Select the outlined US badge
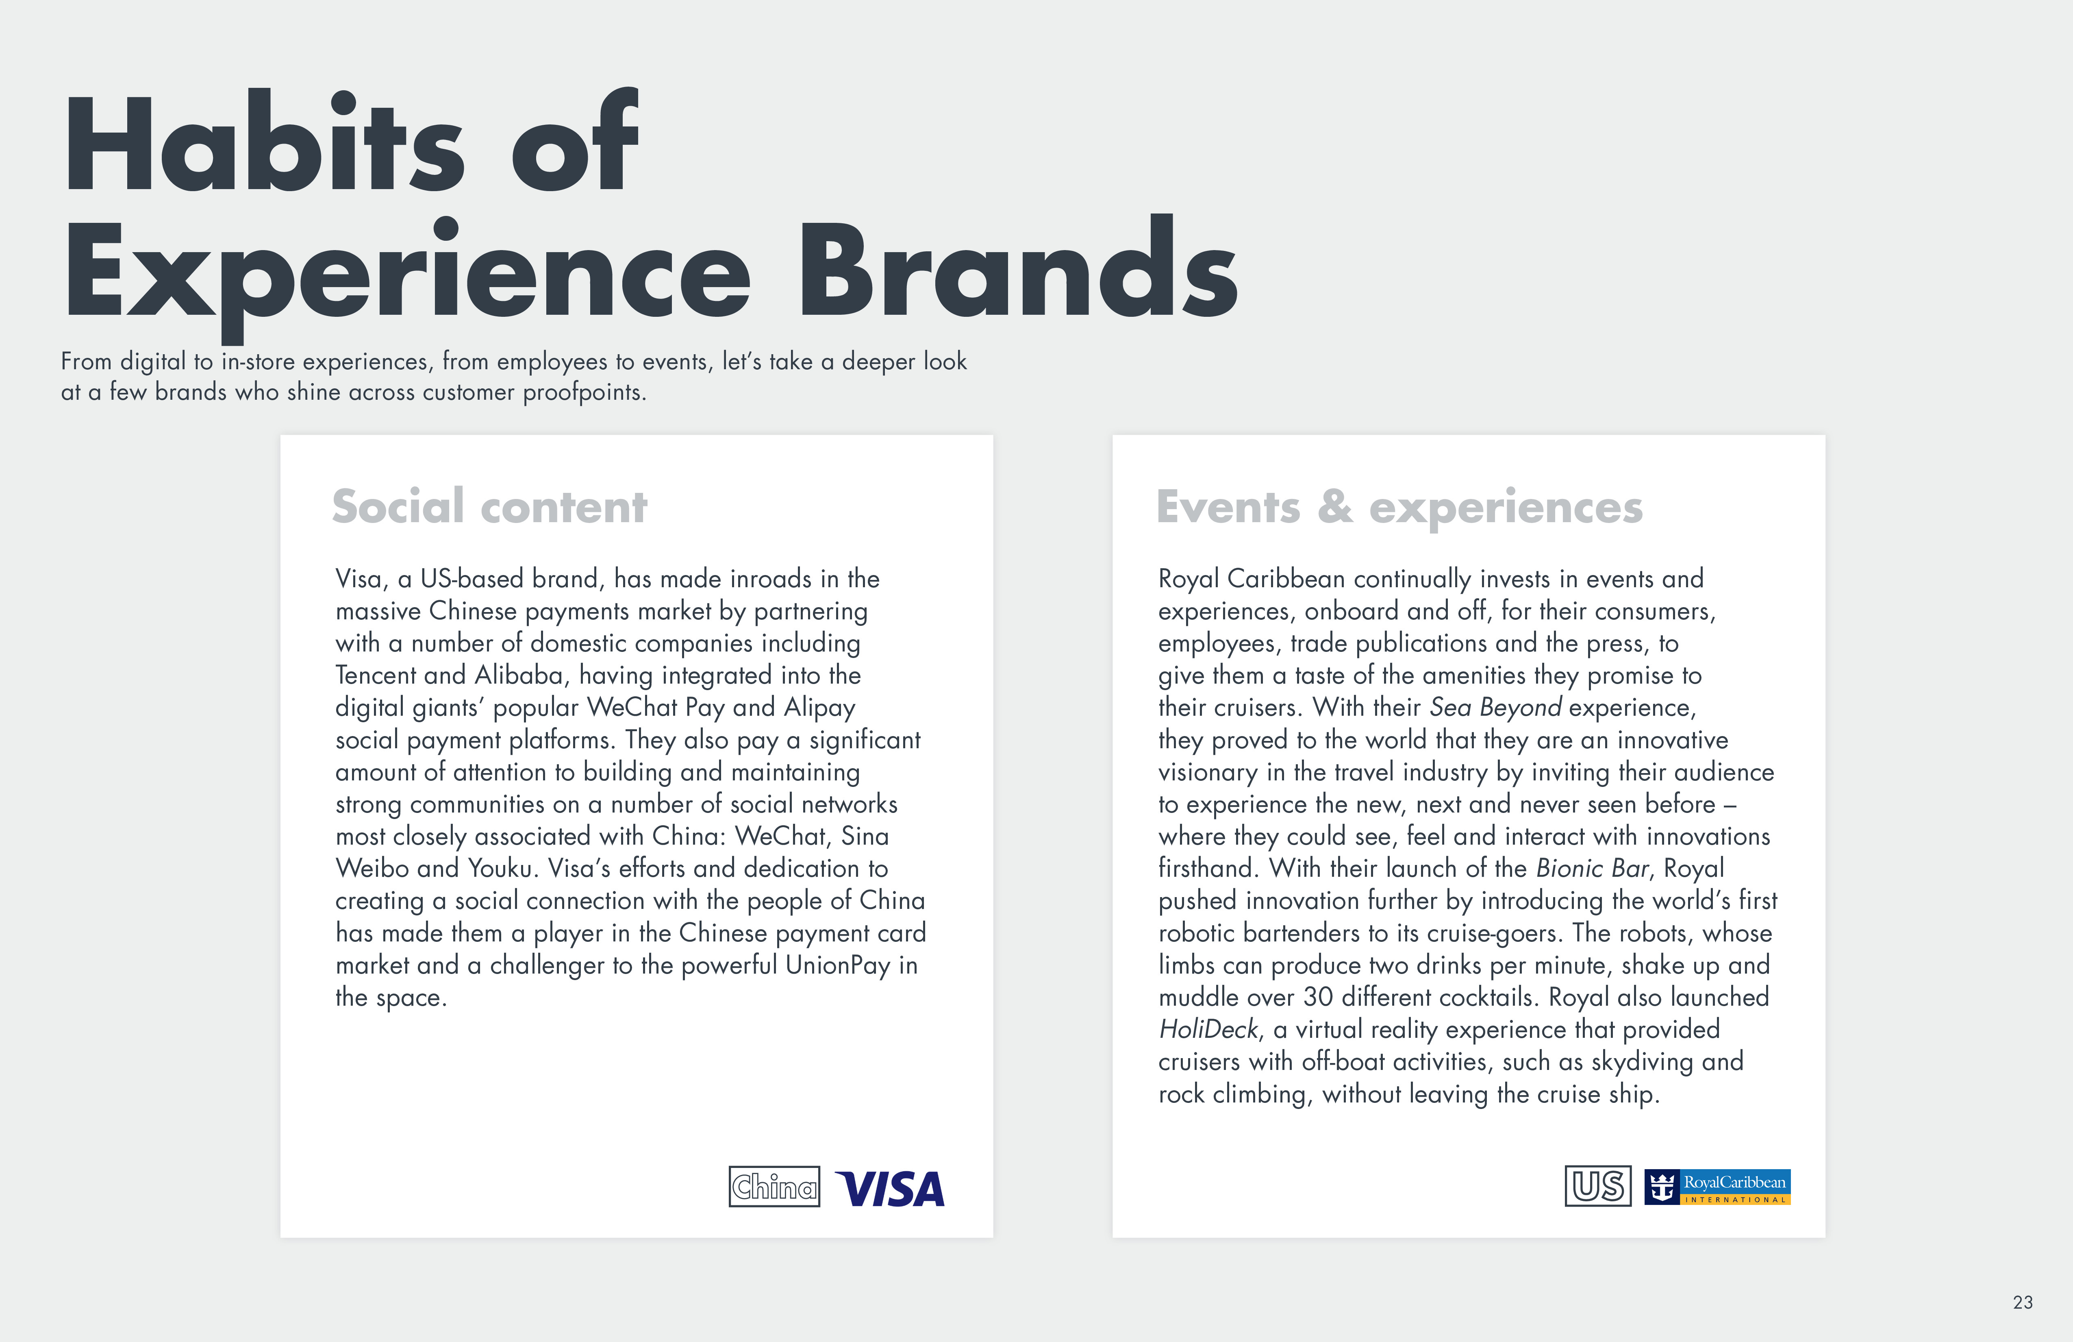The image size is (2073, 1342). click(x=1598, y=1186)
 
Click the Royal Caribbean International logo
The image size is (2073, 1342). click(x=1717, y=1187)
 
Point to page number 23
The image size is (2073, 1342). click(x=2023, y=1302)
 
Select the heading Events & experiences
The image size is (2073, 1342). click(x=1399, y=507)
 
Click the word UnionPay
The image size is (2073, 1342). click(x=838, y=965)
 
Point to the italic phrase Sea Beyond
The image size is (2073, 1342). click(x=1495, y=708)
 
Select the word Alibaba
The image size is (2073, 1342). click(x=519, y=675)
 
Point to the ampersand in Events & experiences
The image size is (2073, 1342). click(x=1335, y=507)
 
